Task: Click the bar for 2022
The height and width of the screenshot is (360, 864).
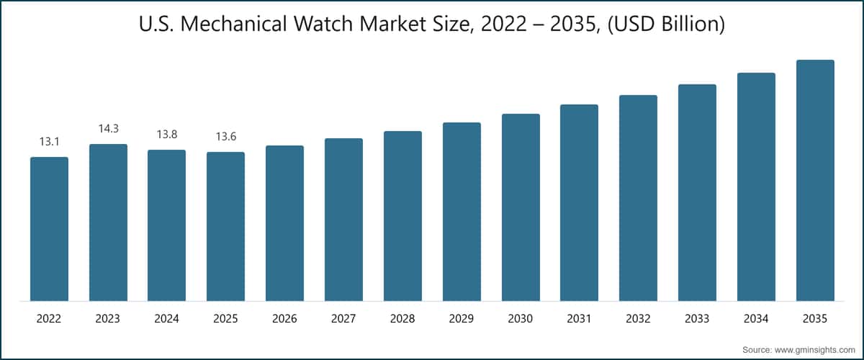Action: (49, 229)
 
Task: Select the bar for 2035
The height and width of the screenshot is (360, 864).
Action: (815, 180)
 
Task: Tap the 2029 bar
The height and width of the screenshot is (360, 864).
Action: (462, 212)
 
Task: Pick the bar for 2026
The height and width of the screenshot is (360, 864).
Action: (284, 223)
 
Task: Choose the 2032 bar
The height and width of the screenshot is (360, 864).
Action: (638, 198)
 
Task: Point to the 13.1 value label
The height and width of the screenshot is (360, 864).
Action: (49, 142)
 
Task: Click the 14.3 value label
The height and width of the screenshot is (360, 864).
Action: (108, 129)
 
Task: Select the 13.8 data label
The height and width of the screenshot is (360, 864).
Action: (167, 135)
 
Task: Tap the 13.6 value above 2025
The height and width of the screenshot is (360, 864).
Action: (225, 137)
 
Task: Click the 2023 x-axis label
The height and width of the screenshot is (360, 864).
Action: (108, 318)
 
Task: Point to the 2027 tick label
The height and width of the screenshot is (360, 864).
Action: (343, 318)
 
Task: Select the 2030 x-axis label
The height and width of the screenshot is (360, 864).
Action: (521, 318)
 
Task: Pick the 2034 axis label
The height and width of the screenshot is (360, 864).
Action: (756, 318)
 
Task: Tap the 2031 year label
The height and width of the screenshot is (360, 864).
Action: (579, 318)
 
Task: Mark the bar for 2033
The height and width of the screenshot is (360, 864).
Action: (697, 192)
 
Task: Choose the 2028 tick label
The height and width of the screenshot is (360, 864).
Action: (402, 318)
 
